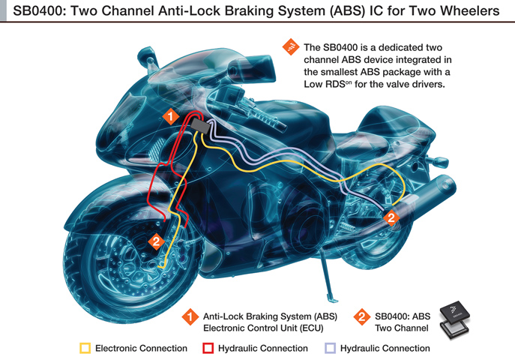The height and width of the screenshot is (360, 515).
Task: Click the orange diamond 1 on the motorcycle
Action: click(170, 116)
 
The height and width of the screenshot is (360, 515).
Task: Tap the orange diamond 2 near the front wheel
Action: click(157, 241)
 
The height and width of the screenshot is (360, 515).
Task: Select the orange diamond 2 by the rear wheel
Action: click(391, 217)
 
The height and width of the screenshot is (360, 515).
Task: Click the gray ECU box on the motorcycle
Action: click(200, 125)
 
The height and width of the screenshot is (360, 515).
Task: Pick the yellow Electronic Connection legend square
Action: click(85, 348)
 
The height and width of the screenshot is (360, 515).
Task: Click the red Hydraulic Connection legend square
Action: click(208, 348)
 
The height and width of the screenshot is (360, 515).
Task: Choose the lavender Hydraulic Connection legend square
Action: click(330, 348)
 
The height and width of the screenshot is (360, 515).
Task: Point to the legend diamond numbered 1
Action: click(190, 317)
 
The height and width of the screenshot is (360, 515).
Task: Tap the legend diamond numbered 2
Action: click(362, 317)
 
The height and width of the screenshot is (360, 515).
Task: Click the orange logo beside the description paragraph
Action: click(291, 47)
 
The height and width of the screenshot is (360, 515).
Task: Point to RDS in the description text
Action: click(335, 84)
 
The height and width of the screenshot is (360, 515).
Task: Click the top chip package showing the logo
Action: click(455, 312)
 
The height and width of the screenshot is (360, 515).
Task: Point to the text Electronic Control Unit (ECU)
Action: click(263, 328)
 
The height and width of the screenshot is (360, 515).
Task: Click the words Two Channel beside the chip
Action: click(401, 328)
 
